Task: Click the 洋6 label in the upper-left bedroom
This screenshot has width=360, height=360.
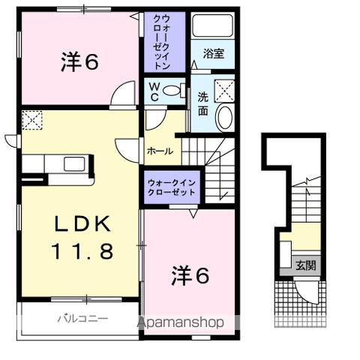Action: pyautogui.click(x=79, y=62)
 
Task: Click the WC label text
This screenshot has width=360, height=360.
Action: pyautogui.click(x=152, y=91)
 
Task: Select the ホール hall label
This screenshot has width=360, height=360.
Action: pyautogui.click(x=160, y=151)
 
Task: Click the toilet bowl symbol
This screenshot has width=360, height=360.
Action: pyautogui.click(x=172, y=91)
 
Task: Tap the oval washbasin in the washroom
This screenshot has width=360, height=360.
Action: pyautogui.click(x=224, y=117)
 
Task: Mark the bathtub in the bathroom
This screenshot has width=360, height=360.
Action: pyautogui.click(x=212, y=27)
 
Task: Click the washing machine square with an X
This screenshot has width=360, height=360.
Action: pyautogui.click(x=224, y=90)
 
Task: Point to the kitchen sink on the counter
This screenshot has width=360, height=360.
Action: pyautogui.click(x=76, y=164)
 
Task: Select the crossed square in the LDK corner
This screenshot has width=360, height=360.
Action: pyautogui.click(x=32, y=120)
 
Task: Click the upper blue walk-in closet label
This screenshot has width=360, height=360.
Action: pyautogui.click(x=164, y=42)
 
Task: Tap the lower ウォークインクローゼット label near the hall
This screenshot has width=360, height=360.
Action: pyautogui.click(x=170, y=186)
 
